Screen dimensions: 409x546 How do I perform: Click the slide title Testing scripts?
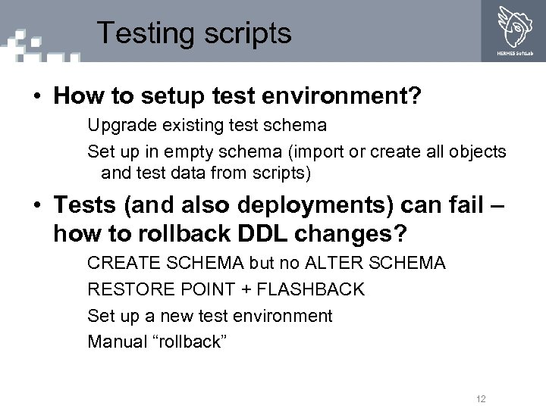click(194, 33)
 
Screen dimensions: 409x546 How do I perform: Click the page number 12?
click(480, 398)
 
